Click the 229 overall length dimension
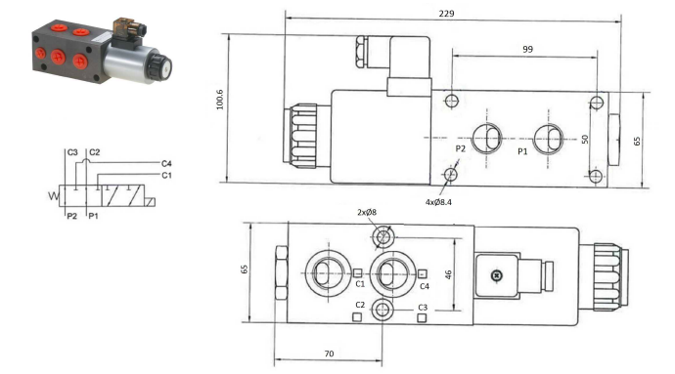click(x=446, y=14)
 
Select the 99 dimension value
click(x=528, y=49)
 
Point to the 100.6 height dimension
click(x=220, y=100)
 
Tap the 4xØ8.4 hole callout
click(x=438, y=202)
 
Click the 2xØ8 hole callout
click(x=367, y=212)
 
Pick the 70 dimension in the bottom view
click(x=329, y=353)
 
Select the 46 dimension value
click(x=448, y=274)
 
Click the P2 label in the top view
click(x=461, y=148)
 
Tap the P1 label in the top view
click(x=522, y=151)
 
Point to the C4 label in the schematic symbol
click(x=166, y=163)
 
